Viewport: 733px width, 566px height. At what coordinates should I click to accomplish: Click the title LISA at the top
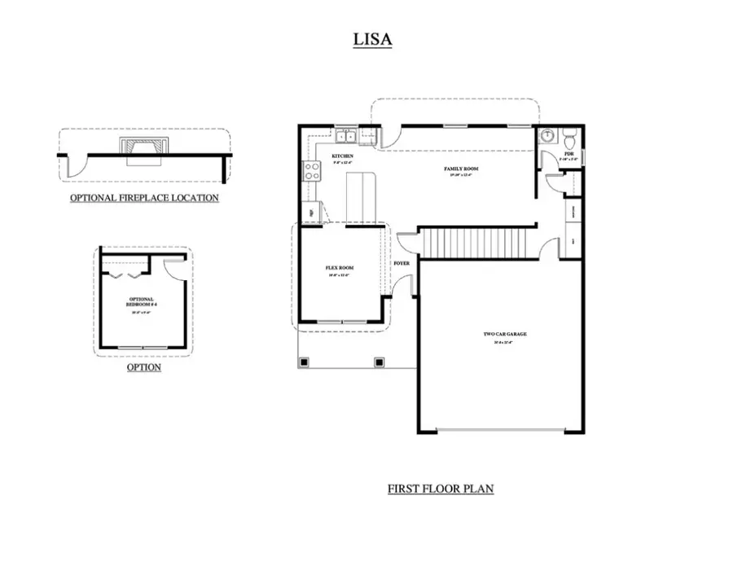click(x=372, y=40)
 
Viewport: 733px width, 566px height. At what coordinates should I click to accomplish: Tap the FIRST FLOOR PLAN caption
click(x=440, y=489)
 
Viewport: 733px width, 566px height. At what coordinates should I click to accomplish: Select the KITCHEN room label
click(x=342, y=156)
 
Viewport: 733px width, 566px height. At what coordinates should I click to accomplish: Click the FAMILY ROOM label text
click(x=460, y=169)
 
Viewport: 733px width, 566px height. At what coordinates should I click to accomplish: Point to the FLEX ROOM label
click(x=340, y=268)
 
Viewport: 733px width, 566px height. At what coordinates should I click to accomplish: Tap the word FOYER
click(x=402, y=264)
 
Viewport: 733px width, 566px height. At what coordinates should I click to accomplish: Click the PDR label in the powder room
click(x=568, y=152)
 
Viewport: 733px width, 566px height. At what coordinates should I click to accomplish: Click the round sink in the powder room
click(x=548, y=135)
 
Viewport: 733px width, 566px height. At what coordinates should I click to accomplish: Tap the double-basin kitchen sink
click(x=346, y=136)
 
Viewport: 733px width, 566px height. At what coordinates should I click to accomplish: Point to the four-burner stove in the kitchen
click(x=311, y=170)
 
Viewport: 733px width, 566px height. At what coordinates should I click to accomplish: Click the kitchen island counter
click(x=361, y=195)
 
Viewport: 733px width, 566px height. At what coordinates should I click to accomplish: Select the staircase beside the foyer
click(x=472, y=243)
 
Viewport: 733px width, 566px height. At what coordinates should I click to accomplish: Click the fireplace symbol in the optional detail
click(x=143, y=147)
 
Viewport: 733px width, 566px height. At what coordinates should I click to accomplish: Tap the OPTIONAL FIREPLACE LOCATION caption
click(x=144, y=198)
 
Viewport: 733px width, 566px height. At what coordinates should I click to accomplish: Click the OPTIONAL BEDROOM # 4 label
click(x=142, y=302)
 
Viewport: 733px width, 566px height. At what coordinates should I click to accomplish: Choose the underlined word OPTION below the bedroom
click(x=143, y=367)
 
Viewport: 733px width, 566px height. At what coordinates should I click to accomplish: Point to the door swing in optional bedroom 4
click(x=172, y=268)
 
